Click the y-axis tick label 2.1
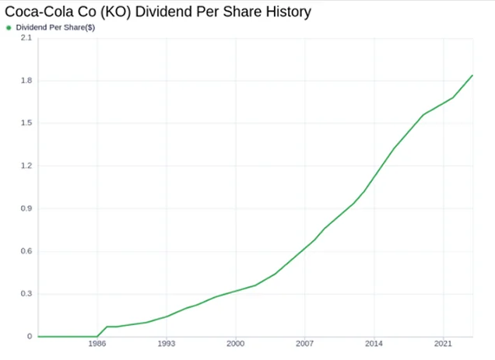(x=26, y=38)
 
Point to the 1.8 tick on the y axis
(x=26, y=80)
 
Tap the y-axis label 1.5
(x=26, y=123)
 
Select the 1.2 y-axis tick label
(x=26, y=166)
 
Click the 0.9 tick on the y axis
(x=26, y=208)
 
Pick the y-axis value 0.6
(x=26, y=251)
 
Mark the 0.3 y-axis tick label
(x=26, y=293)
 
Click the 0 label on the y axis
(x=30, y=337)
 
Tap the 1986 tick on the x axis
(x=97, y=343)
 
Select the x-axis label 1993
(x=167, y=343)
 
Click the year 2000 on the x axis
(x=236, y=343)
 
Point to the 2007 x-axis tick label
(x=304, y=343)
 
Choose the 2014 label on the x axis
(x=374, y=343)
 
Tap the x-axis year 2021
(x=443, y=343)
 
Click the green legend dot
(x=9, y=28)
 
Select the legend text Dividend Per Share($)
(x=55, y=27)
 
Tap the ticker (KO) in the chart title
(x=115, y=12)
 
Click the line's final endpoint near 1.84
(x=472, y=75)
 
